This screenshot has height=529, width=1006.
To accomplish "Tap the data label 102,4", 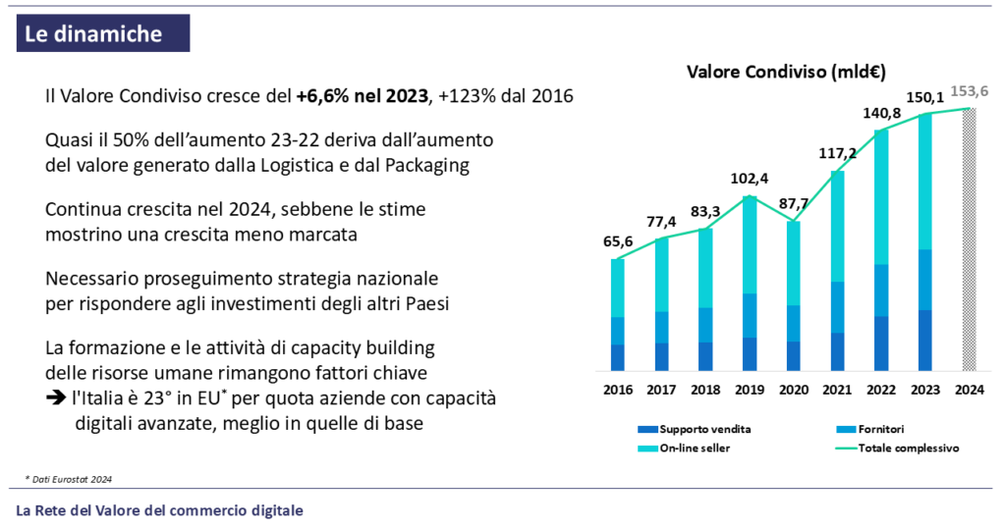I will tap(748, 179).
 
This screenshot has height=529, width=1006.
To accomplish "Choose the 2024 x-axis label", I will tap(971, 388).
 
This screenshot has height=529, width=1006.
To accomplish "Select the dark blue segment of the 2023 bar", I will tap(924, 341).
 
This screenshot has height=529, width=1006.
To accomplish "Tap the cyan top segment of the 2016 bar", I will tap(618, 289).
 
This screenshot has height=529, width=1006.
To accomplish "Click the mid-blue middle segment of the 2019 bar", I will tap(748, 315).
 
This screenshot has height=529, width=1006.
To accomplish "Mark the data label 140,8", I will tap(882, 113).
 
